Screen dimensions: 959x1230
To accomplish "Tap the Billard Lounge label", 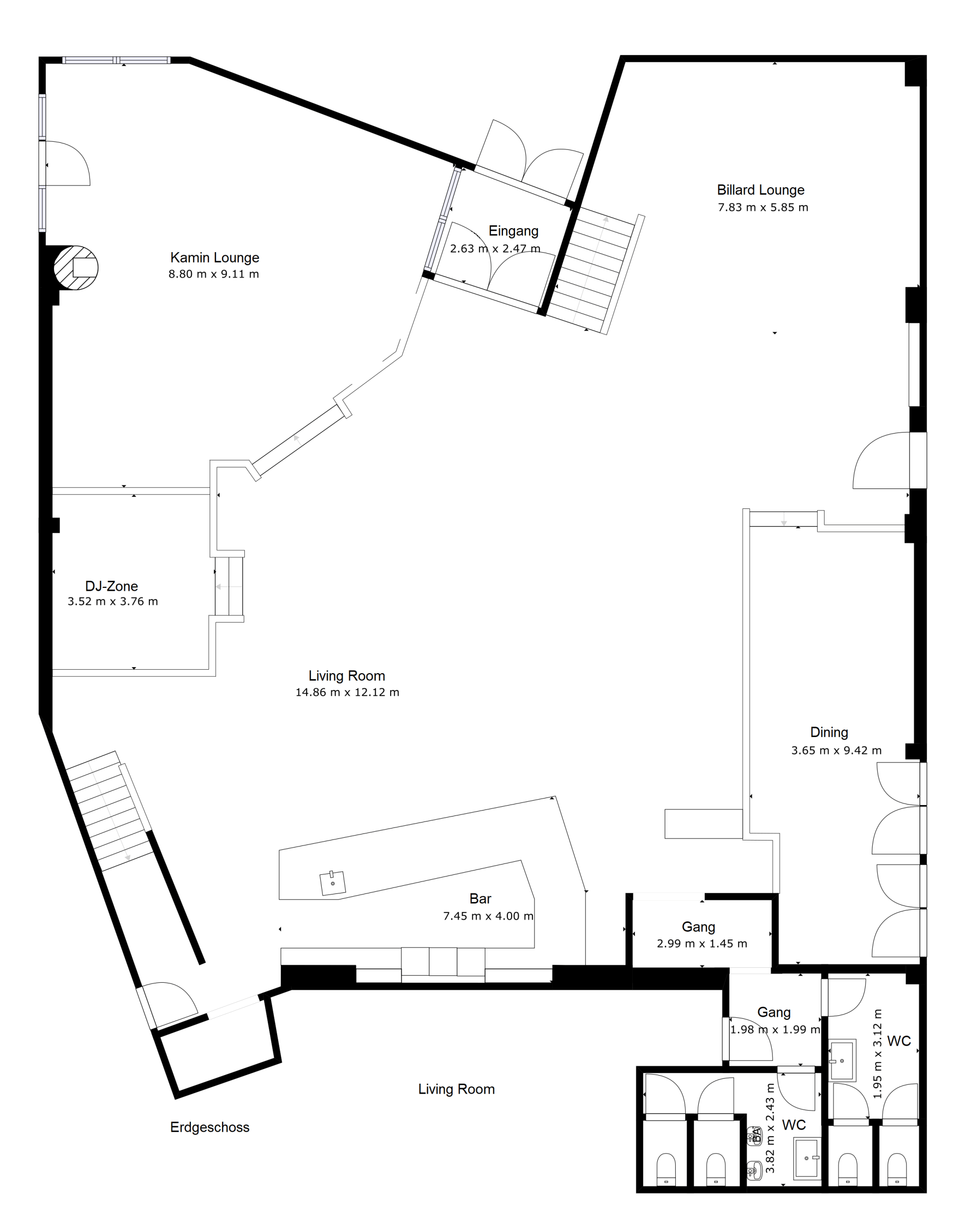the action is tap(760, 190).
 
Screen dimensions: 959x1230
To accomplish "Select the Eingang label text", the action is tap(513, 231).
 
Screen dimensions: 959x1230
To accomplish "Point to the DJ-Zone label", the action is tap(111, 586).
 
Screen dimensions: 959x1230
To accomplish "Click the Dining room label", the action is tap(829, 732).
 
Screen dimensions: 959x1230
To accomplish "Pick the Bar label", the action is tap(480, 899).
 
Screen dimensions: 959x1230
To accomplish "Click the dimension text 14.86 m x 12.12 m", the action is tap(348, 692).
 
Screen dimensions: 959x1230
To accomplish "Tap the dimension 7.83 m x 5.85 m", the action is tap(763, 207).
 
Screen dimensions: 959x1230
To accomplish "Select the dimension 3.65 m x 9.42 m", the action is tap(836, 750).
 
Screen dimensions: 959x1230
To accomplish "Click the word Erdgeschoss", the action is tap(209, 1127).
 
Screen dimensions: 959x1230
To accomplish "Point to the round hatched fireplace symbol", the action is tap(76, 268).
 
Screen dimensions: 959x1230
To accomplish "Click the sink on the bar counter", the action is tap(332, 883).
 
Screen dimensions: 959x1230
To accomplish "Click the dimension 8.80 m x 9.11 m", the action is tap(214, 274).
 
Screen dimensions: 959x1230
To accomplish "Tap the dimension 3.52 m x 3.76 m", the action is tap(112, 601).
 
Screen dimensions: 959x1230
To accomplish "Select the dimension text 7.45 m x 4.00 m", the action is tap(488, 916).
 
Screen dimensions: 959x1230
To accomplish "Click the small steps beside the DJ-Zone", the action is tap(229, 586).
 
